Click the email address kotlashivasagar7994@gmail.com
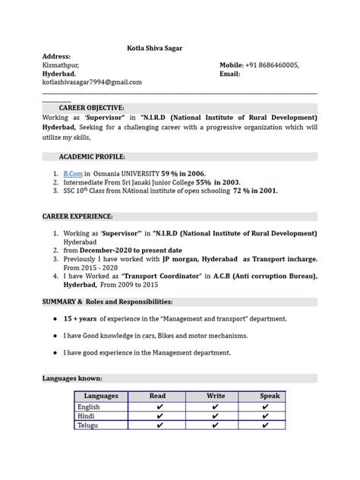pos(91,81)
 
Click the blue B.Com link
pos(72,173)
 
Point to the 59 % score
pos(169,173)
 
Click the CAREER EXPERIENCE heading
pos(77,216)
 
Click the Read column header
pos(158,396)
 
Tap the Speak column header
pos(270,396)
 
